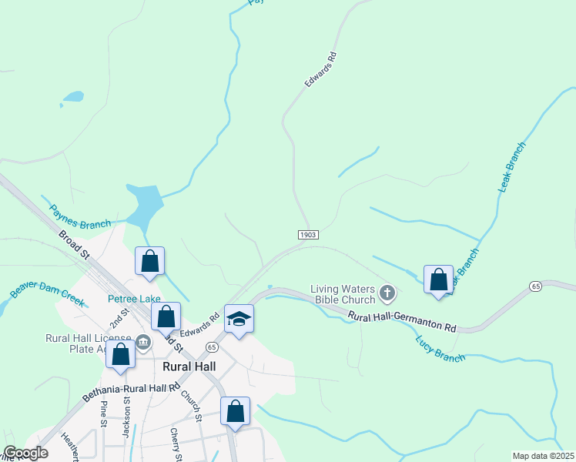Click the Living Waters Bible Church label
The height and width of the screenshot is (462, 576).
(343, 294)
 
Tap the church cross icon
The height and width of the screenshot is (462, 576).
(387, 293)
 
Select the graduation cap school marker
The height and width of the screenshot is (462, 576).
(239, 320)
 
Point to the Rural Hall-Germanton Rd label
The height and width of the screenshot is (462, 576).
(401, 322)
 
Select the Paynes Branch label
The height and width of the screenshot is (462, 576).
(80, 217)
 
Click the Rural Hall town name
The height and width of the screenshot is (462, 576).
(189, 367)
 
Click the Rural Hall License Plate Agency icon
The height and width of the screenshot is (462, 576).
(143, 341)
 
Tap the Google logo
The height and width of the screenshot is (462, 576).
(25, 453)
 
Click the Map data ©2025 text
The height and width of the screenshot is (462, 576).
(543, 456)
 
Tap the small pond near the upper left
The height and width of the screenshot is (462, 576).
(72, 97)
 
